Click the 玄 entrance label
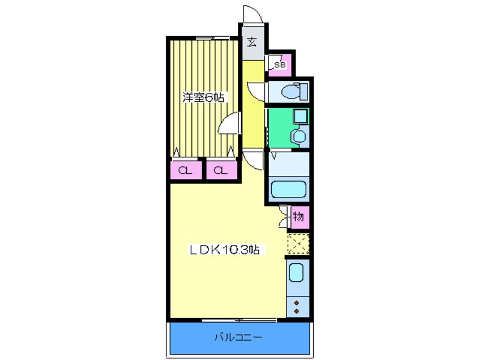[251, 42]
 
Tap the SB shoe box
[280, 66]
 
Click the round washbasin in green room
[298, 136]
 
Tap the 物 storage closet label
[299, 216]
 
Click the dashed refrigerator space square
[298, 244]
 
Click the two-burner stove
[297, 306]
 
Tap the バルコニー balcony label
[238, 338]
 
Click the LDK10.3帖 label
[224, 250]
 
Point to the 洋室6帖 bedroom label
[203, 97]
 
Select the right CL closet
[221, 170]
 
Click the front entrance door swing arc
[252, 14]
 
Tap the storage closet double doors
[284, 216]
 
